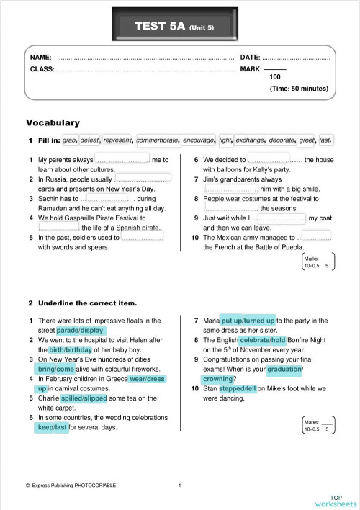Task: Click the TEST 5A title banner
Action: click(179, 27)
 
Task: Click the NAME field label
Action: click(40, 56)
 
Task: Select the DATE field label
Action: click(249, 56)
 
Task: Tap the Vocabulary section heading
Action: click(53, 122)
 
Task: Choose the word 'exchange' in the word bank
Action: click(250, 140)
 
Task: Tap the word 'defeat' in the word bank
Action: click(90, 140)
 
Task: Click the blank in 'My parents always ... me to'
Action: click(122, 159)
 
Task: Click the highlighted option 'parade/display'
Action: click(81, 330)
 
